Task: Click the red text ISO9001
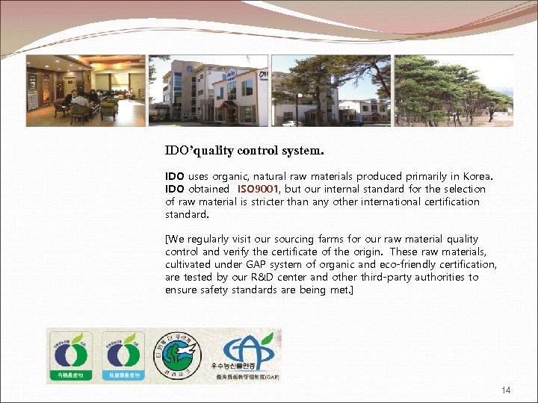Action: [x=259, y=189]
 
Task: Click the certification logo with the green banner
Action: [x=70, y=356]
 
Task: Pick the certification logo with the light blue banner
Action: [x=123, y=356]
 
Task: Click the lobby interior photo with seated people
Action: [x=85, y=90]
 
